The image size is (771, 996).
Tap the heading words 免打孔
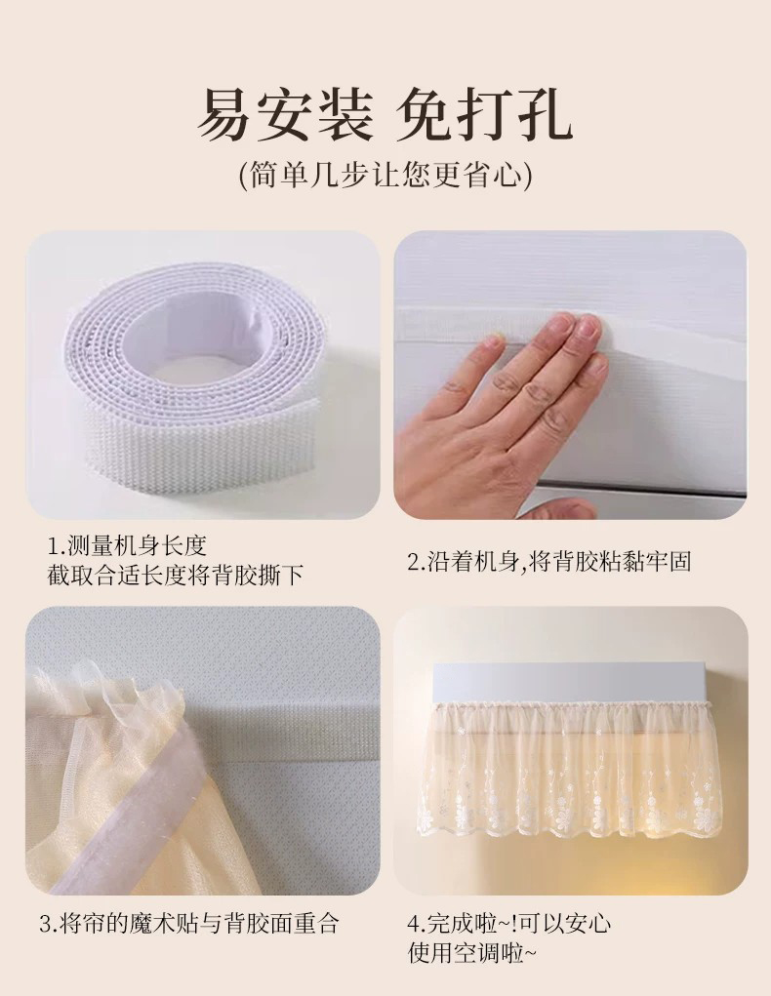(x=484, y=115)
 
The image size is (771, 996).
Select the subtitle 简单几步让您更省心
(x=385, y=175)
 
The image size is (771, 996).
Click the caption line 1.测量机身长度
(x=128, y=544)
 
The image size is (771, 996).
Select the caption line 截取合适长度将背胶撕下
(x=176, y=576)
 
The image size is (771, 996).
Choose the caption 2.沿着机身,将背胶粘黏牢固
(x=549, y=561)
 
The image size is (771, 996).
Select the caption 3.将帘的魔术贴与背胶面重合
(x=189, y=923)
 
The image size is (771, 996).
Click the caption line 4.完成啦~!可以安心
(x=509, y=923)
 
